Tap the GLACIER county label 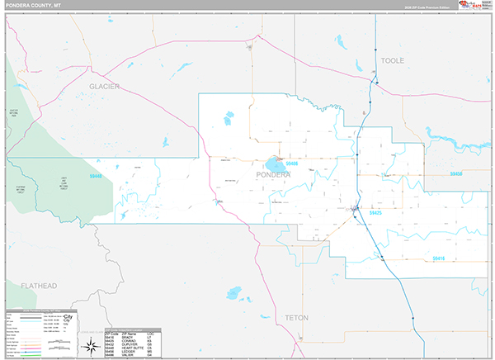(105, 86)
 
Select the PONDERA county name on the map (273, 175)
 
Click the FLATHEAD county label (39, 286)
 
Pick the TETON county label (295, 317)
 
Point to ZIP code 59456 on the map (455, 175)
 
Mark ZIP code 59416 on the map (439, 258)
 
